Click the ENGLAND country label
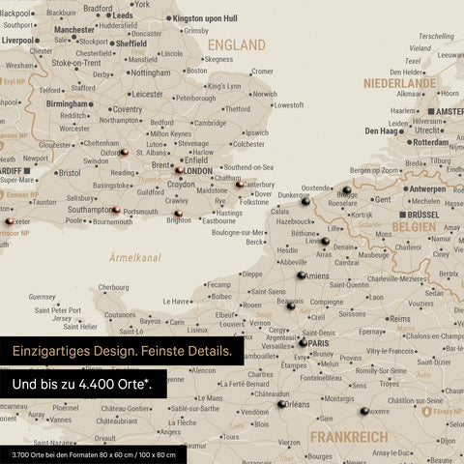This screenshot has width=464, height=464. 236,45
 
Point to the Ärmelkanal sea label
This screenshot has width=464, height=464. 135,258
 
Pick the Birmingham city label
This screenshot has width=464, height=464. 69,103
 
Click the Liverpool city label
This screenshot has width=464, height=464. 18,42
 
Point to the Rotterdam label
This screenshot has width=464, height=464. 430,142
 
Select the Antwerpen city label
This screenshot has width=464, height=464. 427,189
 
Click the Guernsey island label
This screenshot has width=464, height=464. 43,297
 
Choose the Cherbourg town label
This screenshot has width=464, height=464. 113,287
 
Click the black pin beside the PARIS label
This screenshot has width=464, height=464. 303,342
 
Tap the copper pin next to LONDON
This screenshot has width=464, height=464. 179,171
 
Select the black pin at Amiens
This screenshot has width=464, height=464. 302,275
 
